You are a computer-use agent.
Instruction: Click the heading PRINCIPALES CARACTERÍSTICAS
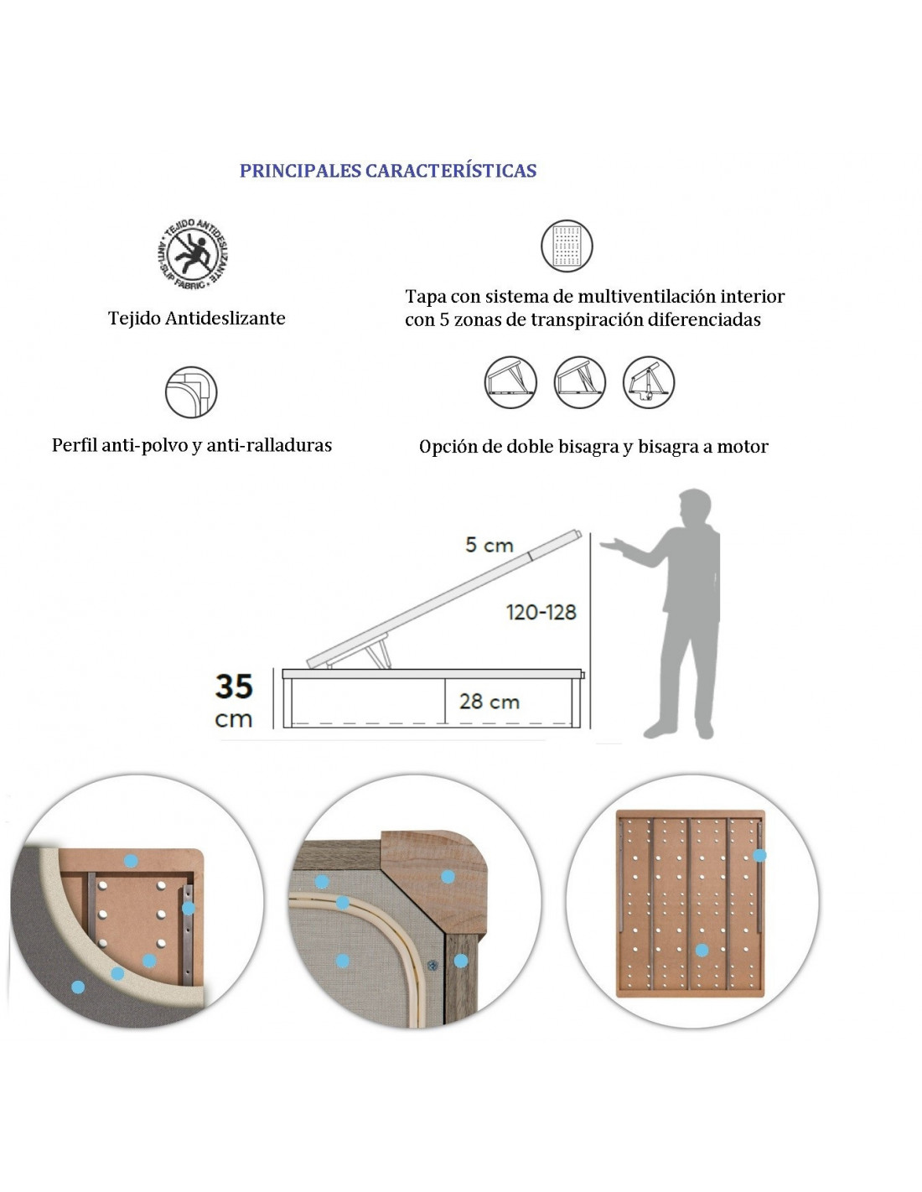tap(388, 171)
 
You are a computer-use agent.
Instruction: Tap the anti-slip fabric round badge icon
tap(191, 254)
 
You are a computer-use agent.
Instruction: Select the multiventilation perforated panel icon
tap(567, 246)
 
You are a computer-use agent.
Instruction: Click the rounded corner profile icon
tap(191, 392)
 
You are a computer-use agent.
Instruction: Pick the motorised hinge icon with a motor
tap(649, 382)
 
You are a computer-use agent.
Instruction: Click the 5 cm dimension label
tap(489, 545)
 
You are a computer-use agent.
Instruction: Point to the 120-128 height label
tap(541, 613)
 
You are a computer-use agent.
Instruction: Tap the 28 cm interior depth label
tap(489, 702)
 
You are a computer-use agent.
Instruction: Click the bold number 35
tap(234, 687)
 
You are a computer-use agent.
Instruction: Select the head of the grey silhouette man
tap(695, 506)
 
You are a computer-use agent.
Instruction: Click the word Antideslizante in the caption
tap(225, 319)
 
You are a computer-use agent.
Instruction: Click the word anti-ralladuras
tap(269, 445)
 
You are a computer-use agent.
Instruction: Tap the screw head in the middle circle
tap(433, 965)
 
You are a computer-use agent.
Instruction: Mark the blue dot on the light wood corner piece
tap(448, 876)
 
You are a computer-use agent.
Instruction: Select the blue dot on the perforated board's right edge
tap(759, 855)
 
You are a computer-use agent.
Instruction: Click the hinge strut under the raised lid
tap(380, 653)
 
